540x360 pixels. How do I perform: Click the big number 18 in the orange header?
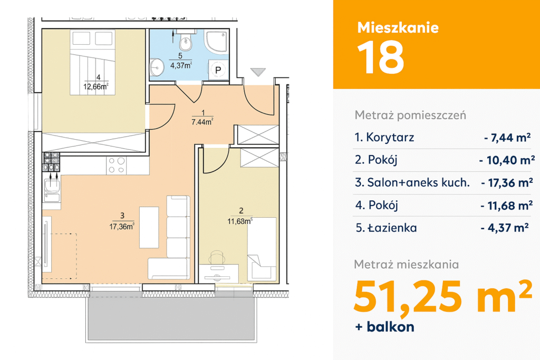tap(381, 57)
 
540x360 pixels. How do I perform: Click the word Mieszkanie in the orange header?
tap(398, 27)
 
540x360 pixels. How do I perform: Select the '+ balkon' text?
tap(384, 327)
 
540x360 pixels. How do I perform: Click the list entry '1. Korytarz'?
tap(384, 138)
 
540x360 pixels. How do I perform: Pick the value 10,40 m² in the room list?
tap(507, 160)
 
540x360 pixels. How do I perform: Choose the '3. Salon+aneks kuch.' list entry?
tap(412, 182)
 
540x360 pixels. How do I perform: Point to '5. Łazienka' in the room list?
tap(386, 228)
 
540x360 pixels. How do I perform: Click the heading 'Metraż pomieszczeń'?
tap(410, 115)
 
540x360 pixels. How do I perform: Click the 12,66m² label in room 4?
tap(96, 86)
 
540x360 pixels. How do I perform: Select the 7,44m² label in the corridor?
tap(202, 121)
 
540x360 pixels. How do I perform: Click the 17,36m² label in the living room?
tap(122, 227)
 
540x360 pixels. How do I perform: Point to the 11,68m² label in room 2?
tap(240, 221)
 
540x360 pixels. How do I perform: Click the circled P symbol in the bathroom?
tap(218, 70)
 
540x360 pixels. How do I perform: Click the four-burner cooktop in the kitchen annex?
tap(117, 165)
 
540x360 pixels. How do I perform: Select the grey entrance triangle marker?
tap(258, 72)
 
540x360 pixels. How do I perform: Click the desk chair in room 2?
tap(217, 257)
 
